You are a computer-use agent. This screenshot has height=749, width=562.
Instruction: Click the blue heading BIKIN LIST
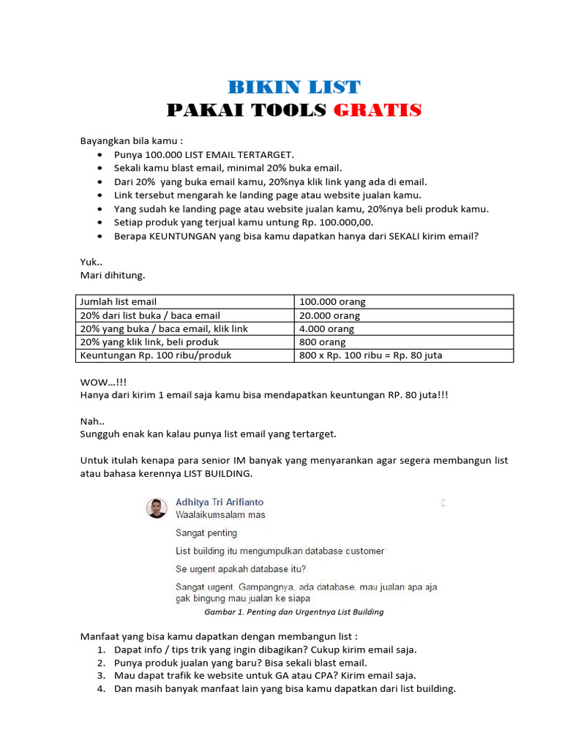(294, 87)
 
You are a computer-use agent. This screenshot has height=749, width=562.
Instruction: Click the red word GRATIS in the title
(378, 110)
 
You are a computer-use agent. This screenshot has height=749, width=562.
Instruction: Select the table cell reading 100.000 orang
(332, 301)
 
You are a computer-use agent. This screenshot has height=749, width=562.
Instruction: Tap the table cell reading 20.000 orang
(329, 315)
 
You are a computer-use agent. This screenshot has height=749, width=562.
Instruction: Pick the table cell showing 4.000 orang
(326, 328)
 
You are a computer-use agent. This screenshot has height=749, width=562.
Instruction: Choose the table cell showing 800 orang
(323, 342)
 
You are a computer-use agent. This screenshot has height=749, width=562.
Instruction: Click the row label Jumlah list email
(118, 301)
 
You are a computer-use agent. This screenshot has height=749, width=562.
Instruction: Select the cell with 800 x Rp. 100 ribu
(371, 355)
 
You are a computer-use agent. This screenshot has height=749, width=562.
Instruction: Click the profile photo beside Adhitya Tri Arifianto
(157, 508)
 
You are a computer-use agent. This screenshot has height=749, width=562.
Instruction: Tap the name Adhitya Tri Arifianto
(220, 502)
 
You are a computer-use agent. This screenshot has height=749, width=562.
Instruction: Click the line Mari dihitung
(113, 275)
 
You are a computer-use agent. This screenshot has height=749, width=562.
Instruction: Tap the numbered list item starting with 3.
(264, 675)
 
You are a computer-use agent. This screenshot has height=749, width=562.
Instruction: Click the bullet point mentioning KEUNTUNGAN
(296, 236)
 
